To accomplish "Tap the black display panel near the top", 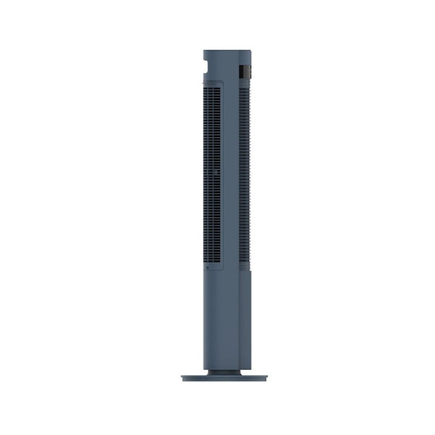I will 246,72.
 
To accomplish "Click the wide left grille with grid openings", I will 211,174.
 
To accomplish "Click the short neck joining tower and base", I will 224,372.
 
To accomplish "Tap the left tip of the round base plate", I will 182,378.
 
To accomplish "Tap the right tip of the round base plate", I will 266,378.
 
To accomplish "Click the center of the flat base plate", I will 224,378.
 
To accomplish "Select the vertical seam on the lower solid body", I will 240,319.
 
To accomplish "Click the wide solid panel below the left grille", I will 220,319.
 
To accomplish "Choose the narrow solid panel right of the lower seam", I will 246,319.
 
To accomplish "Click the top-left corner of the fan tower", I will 203,51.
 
